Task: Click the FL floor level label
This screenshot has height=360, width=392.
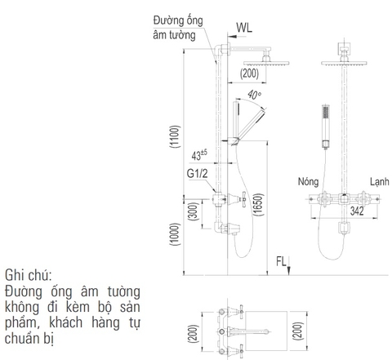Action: tap(281, 261)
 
